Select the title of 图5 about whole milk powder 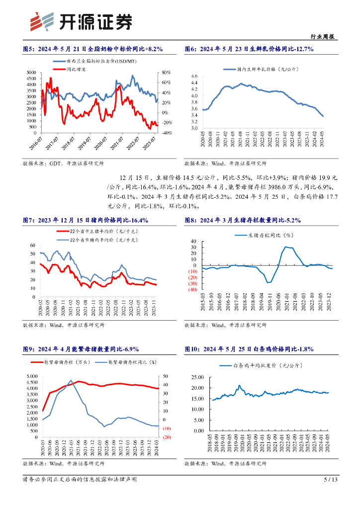pos(93,49)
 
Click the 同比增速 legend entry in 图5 pos(76,69)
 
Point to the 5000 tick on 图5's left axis pos(31,73)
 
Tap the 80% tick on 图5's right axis pos(166,73)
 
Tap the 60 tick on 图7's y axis pos(32,246)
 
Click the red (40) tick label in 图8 pos(191,289)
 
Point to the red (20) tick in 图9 pos(167,437)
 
